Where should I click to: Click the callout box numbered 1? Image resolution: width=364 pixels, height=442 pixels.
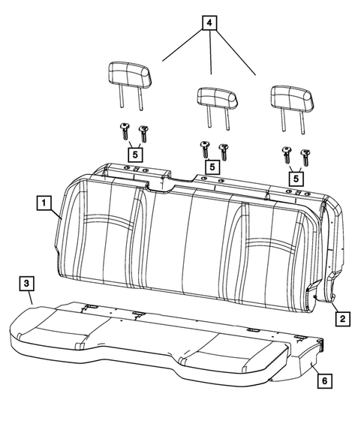click(44, 203)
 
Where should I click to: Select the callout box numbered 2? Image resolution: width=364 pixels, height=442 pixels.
click(341, 319)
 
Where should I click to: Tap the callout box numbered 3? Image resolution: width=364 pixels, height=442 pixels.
click(26, 283)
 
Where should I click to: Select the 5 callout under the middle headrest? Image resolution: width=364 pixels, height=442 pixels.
click(212, 167)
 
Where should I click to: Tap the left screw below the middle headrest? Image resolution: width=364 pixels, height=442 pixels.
click(203, 148)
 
